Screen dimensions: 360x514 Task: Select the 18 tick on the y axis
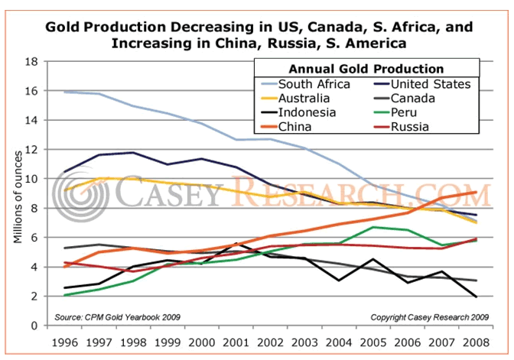click(x=32, y=62)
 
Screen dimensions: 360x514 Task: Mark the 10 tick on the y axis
click(x=32, y=179)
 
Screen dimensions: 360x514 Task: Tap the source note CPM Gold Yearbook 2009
click(x=108, y=315)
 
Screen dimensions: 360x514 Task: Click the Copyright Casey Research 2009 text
click(x=429, y=315)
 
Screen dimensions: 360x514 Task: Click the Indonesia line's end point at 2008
click(x=477, y=297)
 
